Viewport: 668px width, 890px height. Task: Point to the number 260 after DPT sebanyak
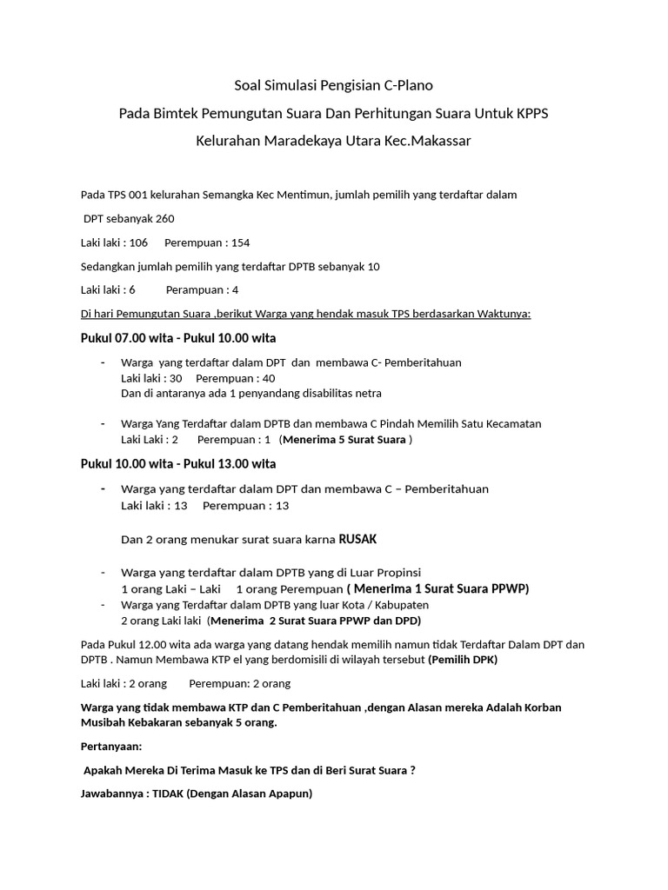[165, 218]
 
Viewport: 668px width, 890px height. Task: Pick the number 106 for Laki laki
[138, 242]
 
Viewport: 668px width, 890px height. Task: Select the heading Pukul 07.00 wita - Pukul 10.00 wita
[178, 338]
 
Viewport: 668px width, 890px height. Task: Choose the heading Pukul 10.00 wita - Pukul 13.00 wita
[178, 463]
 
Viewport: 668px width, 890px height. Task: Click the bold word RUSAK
[357, 539]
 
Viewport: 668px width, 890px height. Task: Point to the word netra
[366, 393]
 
